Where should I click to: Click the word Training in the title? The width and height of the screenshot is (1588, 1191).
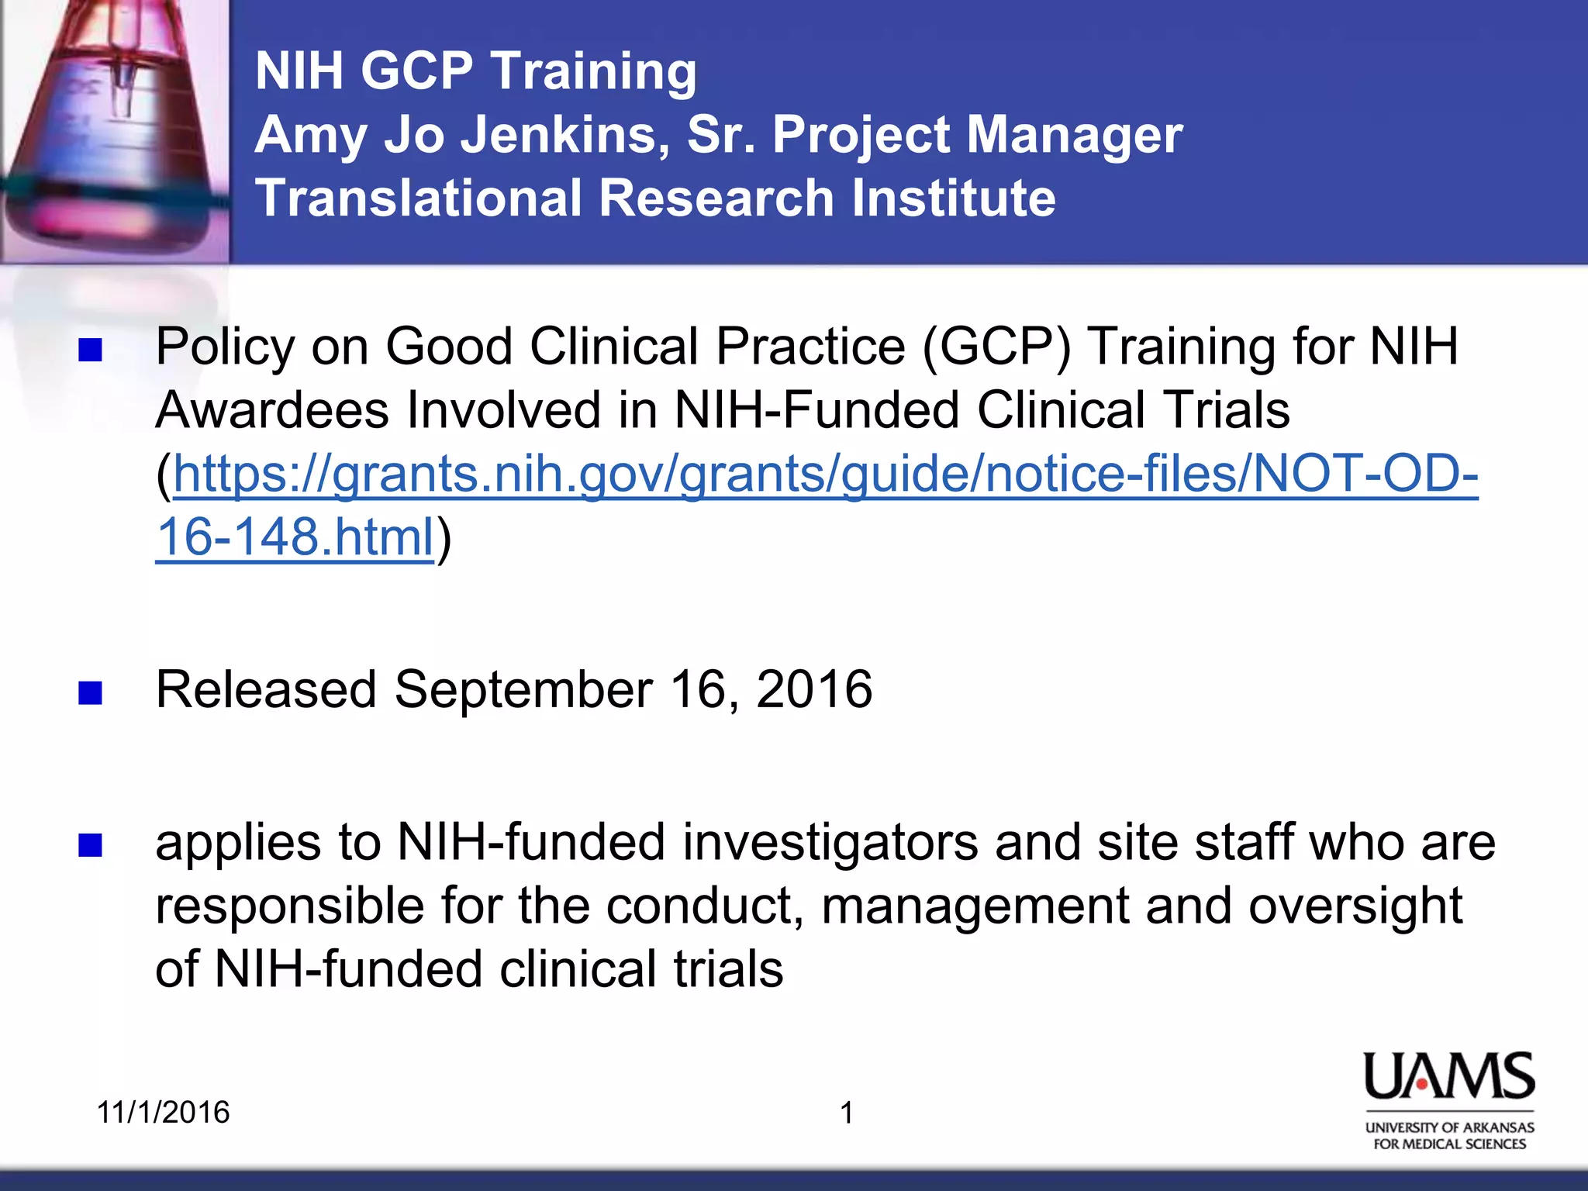[x=594, y=71]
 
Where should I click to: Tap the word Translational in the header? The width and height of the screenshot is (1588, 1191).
[x=419, y=198]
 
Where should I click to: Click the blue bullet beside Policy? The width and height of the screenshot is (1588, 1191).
[x=91, y=350]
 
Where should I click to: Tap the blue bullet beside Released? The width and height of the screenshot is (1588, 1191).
[x=91, y=692]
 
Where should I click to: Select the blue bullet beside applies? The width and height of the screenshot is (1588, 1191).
[x=91, y=845]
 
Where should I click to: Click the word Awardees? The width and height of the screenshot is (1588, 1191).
[x=272, y=410]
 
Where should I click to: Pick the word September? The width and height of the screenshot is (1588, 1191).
[x=524, y=689]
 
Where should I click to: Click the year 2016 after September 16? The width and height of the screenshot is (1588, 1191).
[x=814, y=689]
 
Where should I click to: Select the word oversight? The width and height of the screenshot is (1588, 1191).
[x=1355, y=906]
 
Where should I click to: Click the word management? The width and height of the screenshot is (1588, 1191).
[x=975, y=906]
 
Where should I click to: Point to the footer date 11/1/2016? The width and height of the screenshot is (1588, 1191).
[x=163, y=1113]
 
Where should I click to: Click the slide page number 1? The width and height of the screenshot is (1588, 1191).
[x=847, y=1113]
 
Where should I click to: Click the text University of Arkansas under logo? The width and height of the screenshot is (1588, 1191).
[x=1449, y=1127]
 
